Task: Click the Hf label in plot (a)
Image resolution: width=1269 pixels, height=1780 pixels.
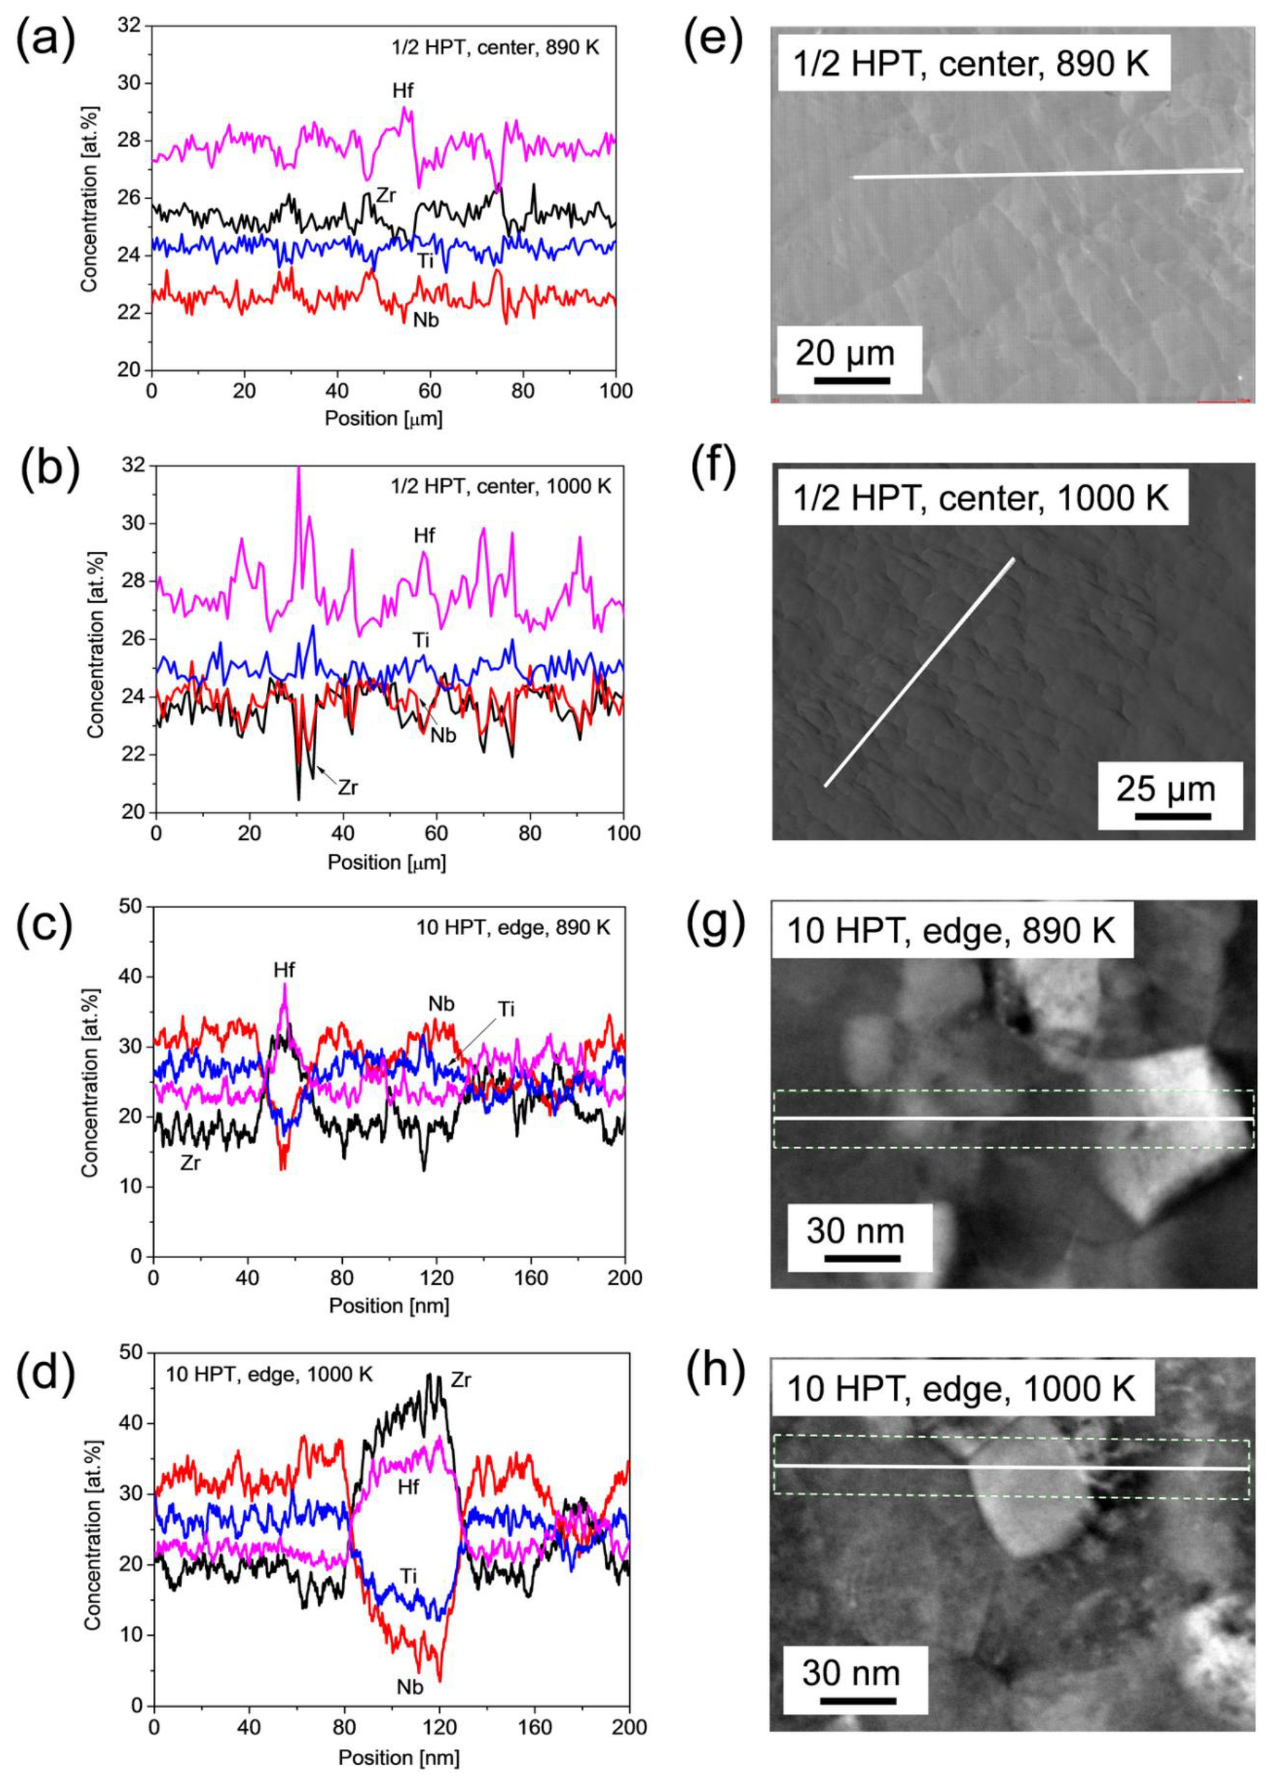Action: (402, 92)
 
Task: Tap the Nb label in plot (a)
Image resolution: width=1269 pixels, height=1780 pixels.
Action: (426, 320)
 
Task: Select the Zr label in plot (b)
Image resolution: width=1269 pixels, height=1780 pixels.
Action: (348, 787)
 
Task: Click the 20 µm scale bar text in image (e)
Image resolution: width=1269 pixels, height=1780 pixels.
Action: (845, 354)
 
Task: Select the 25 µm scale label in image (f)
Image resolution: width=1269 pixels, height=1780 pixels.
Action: (1166, 789)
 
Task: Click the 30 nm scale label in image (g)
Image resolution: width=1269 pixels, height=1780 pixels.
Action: (855, 1232)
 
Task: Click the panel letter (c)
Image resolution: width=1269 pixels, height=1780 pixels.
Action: (44, 927)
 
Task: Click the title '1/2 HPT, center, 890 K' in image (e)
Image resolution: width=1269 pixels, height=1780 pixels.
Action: (971, 63)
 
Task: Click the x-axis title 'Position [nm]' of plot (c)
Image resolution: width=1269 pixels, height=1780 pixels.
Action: (389, 1305)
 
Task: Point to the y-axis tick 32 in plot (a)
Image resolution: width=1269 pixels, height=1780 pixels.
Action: (130, 26)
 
